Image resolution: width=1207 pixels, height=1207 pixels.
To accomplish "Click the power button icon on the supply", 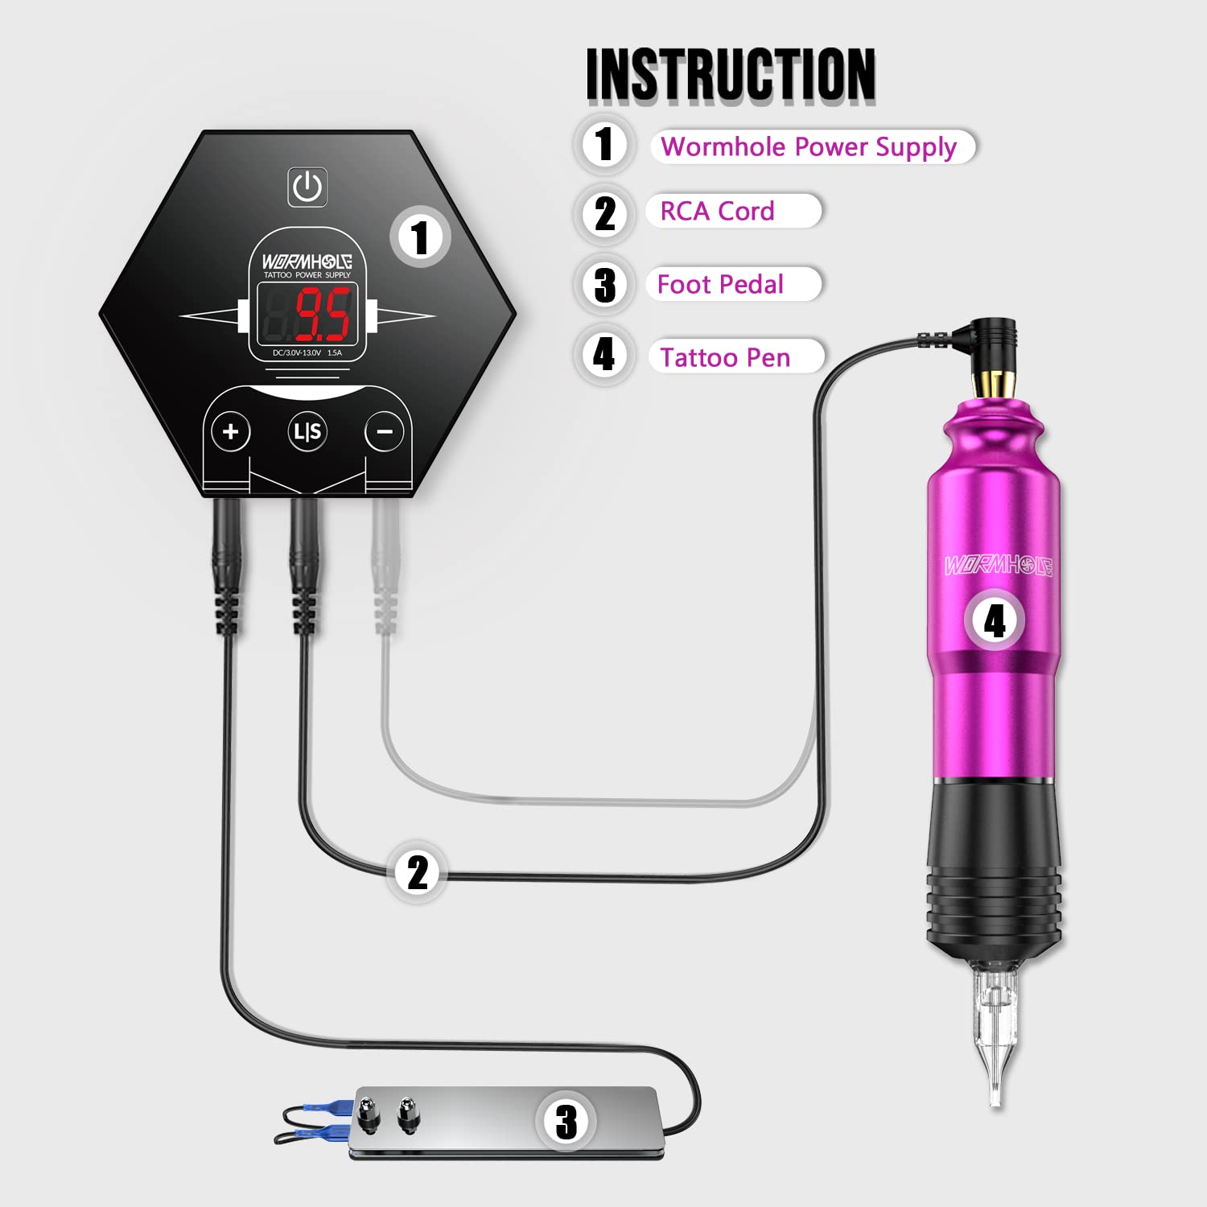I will tap(307, 187).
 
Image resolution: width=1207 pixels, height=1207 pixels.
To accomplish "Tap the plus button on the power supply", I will tap(231, 432).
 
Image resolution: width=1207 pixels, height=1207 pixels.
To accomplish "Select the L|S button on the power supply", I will tap(307, 432).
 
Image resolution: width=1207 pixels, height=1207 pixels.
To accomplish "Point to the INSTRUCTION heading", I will tap(730, 74).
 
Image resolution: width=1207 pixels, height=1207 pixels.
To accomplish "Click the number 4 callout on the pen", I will tap(995, 620).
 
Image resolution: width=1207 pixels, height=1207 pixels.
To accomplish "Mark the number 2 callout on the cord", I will tap(417, 872).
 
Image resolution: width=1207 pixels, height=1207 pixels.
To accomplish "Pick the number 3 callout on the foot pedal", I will tap(566, 1121).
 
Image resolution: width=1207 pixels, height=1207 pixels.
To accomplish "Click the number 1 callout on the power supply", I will tap(419, 237).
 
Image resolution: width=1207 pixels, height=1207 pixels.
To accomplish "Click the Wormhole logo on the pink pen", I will tap(998, 565).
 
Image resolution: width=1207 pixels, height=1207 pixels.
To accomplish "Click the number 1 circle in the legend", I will tap(604, 145).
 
